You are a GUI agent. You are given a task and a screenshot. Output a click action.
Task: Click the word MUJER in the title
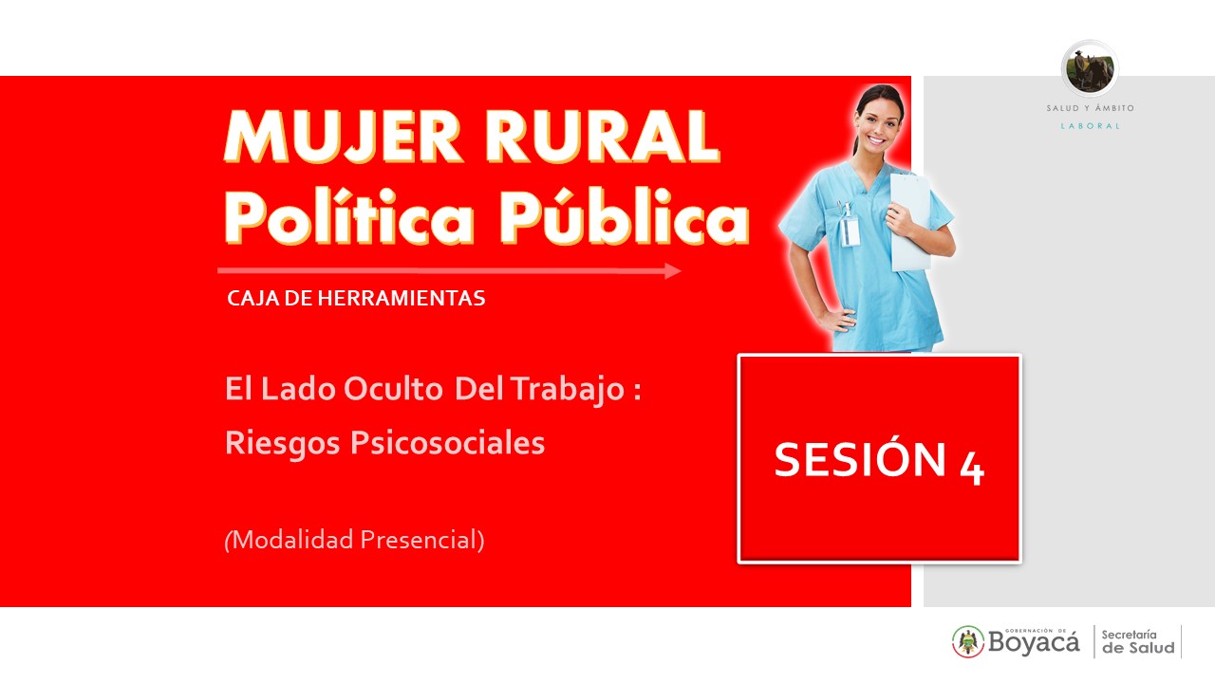pos(343,137)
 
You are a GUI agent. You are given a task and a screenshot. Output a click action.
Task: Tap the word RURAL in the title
pos(603,137)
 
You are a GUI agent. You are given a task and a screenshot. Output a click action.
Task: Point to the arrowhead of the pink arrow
pos(673,270)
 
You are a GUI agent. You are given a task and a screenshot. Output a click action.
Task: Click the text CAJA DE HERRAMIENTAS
pos(356,298)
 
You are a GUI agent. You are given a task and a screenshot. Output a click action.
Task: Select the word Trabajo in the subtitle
pos(569,390)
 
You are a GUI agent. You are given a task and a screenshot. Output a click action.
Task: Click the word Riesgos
pos(283,443)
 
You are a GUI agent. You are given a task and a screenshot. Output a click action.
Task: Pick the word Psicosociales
pos(447,443)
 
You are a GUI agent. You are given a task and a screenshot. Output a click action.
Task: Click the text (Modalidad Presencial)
pos(354,540)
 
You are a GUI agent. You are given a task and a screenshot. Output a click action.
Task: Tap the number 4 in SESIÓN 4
pos(971,469)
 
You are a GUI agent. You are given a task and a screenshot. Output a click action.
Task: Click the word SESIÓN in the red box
pos(860,458)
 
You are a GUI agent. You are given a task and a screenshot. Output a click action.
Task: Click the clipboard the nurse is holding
pos(911,221)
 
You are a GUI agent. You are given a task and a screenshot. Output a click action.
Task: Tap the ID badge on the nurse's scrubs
pos(850,231)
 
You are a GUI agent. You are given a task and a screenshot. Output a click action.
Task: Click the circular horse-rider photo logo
pos(1090,69)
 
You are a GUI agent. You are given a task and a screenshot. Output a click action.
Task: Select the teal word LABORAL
pos(1091,126)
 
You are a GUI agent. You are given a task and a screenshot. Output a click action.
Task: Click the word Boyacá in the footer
pos(1034,643)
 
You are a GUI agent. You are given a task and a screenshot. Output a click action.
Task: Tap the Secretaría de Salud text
pos(1138,642)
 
